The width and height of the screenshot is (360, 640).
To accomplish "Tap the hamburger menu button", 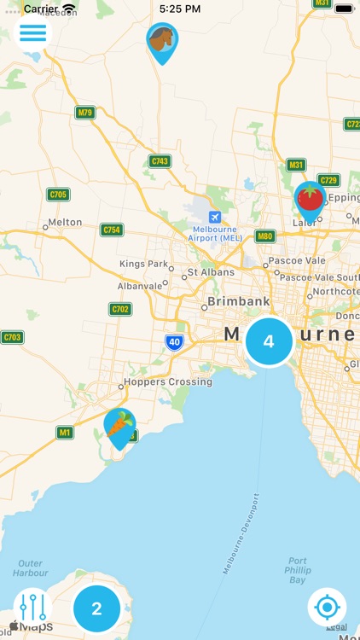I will [34, 32].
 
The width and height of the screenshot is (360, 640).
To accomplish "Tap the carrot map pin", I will [119, 426].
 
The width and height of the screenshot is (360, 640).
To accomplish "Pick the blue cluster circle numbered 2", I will [96, 608].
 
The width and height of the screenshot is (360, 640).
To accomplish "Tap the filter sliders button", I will [32, 608].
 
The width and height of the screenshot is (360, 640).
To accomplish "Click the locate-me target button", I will [327, 608].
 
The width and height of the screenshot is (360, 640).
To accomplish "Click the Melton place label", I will [65, 222].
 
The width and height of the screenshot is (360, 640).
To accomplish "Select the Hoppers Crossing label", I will [167, 381].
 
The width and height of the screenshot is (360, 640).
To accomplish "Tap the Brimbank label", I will [239, 301].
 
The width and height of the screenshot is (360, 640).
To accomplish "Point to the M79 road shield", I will [84, 113].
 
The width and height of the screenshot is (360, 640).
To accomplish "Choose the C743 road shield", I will [160, 160].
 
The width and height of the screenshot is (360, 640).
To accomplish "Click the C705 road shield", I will [58, 195].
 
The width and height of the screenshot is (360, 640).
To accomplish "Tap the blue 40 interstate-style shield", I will [175, 342].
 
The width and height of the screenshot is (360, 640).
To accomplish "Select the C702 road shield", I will [121, 309].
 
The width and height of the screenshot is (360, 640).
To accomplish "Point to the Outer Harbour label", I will [30, 568].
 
